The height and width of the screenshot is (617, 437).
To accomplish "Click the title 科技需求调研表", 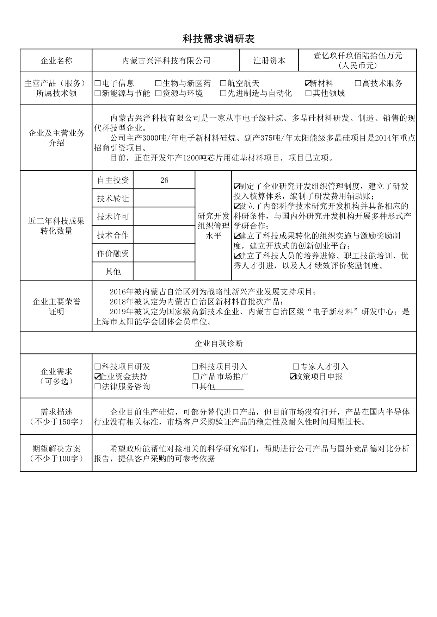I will pos(218,39).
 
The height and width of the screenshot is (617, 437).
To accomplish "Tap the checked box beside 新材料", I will pos(308,83).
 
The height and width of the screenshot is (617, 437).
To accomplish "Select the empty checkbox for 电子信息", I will pos(98,83).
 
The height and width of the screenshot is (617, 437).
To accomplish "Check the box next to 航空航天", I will pos(223,83).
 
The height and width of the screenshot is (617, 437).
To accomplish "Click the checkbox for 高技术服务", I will pos(358,83).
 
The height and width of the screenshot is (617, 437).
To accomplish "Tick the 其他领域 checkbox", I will pos(308,93).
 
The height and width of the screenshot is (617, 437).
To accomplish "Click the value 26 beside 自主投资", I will pos(164,180).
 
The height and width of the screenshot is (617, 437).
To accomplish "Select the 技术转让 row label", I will pos(113,199).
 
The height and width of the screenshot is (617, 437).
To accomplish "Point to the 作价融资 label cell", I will pos(113,253).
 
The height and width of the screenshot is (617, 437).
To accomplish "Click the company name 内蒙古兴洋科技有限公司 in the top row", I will pos(166,61).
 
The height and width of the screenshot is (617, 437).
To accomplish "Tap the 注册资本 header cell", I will pos(269,61).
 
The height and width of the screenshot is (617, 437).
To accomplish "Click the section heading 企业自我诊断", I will pos(218,343).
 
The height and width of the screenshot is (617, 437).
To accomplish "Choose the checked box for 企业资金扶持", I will pos(98,377).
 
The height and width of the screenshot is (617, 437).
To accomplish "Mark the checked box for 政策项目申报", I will pos(293,377).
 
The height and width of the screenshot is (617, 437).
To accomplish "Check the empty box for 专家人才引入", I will pos(296,367).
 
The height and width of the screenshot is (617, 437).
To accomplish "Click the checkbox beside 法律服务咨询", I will pos(98,386).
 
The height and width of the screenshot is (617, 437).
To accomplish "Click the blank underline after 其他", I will pos(229,387).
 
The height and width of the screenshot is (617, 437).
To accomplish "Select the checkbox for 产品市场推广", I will pos(196,377).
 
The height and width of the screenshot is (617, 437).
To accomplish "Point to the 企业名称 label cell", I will pos(56,61).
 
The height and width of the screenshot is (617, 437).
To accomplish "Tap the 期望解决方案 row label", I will pos(56,453).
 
